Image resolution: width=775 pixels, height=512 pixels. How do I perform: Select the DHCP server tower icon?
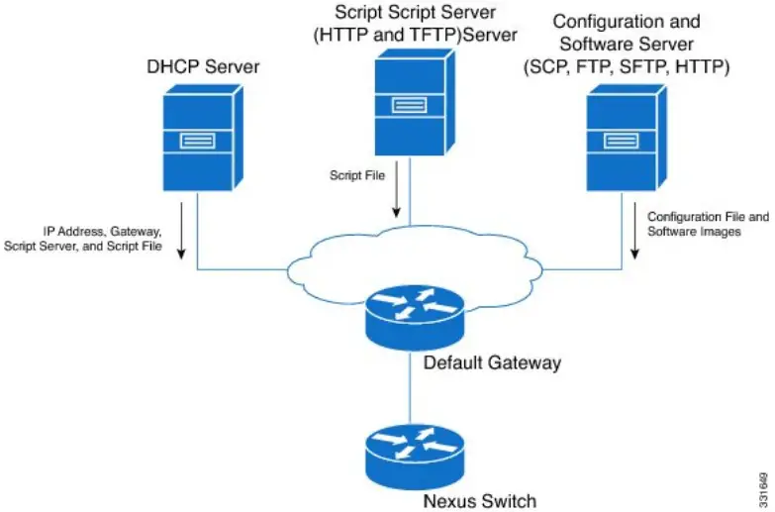(x=200, y=140)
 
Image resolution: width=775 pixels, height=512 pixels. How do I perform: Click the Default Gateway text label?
(x=492, y=362)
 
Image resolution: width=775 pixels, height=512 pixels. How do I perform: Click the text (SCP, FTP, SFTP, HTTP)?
(x=626, y=67)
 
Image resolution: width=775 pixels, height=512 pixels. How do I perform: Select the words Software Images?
(x=693, y=231)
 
